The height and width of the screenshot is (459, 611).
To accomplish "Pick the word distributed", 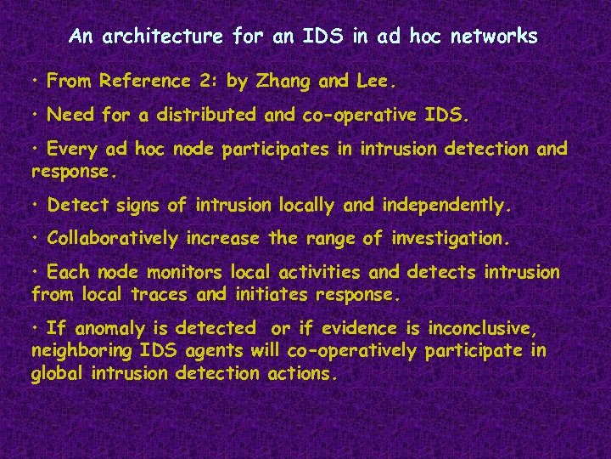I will (x=205, y=114).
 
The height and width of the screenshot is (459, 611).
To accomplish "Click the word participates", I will (x=288, y=150).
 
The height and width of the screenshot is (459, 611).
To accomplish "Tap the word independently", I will (x=447, y=206).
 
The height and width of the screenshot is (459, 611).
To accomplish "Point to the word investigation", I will (x=451, y=239).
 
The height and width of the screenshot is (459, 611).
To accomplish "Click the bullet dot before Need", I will (x=36, y=113).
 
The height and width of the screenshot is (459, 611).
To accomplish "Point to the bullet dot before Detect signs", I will (x=36, y=206).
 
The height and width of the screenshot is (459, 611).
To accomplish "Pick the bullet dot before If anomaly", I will (x=36, y=328).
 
